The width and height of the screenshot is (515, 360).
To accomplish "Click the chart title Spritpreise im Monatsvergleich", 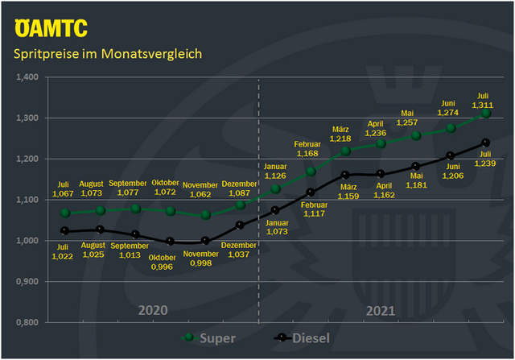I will click(107, 54).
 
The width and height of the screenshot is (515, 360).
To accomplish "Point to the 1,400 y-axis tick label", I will click(27, 77).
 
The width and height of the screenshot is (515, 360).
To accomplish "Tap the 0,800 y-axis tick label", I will click(27, 322).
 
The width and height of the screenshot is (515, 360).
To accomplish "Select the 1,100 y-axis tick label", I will click(27, 200).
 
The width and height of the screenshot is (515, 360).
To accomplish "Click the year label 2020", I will click(152, 310).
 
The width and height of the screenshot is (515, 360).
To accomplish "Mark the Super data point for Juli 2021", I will click(486, 114).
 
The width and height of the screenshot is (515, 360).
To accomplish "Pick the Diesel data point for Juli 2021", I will click(486, 143).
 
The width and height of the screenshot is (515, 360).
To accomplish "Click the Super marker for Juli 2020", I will click(65, 213).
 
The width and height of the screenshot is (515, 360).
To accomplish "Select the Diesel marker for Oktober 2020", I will click(170, 242).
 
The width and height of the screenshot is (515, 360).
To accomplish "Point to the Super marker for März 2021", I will click(346, 151).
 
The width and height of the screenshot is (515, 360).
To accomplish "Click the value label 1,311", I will click(483, 106).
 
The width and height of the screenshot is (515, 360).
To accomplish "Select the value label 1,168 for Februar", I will click(307, 153).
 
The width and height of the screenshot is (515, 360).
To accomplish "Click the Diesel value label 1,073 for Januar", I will click(276, 231).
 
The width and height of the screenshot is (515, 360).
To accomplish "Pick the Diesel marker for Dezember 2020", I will click(241, 225).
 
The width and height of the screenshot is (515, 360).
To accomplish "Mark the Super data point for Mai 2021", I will click(416, 135).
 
